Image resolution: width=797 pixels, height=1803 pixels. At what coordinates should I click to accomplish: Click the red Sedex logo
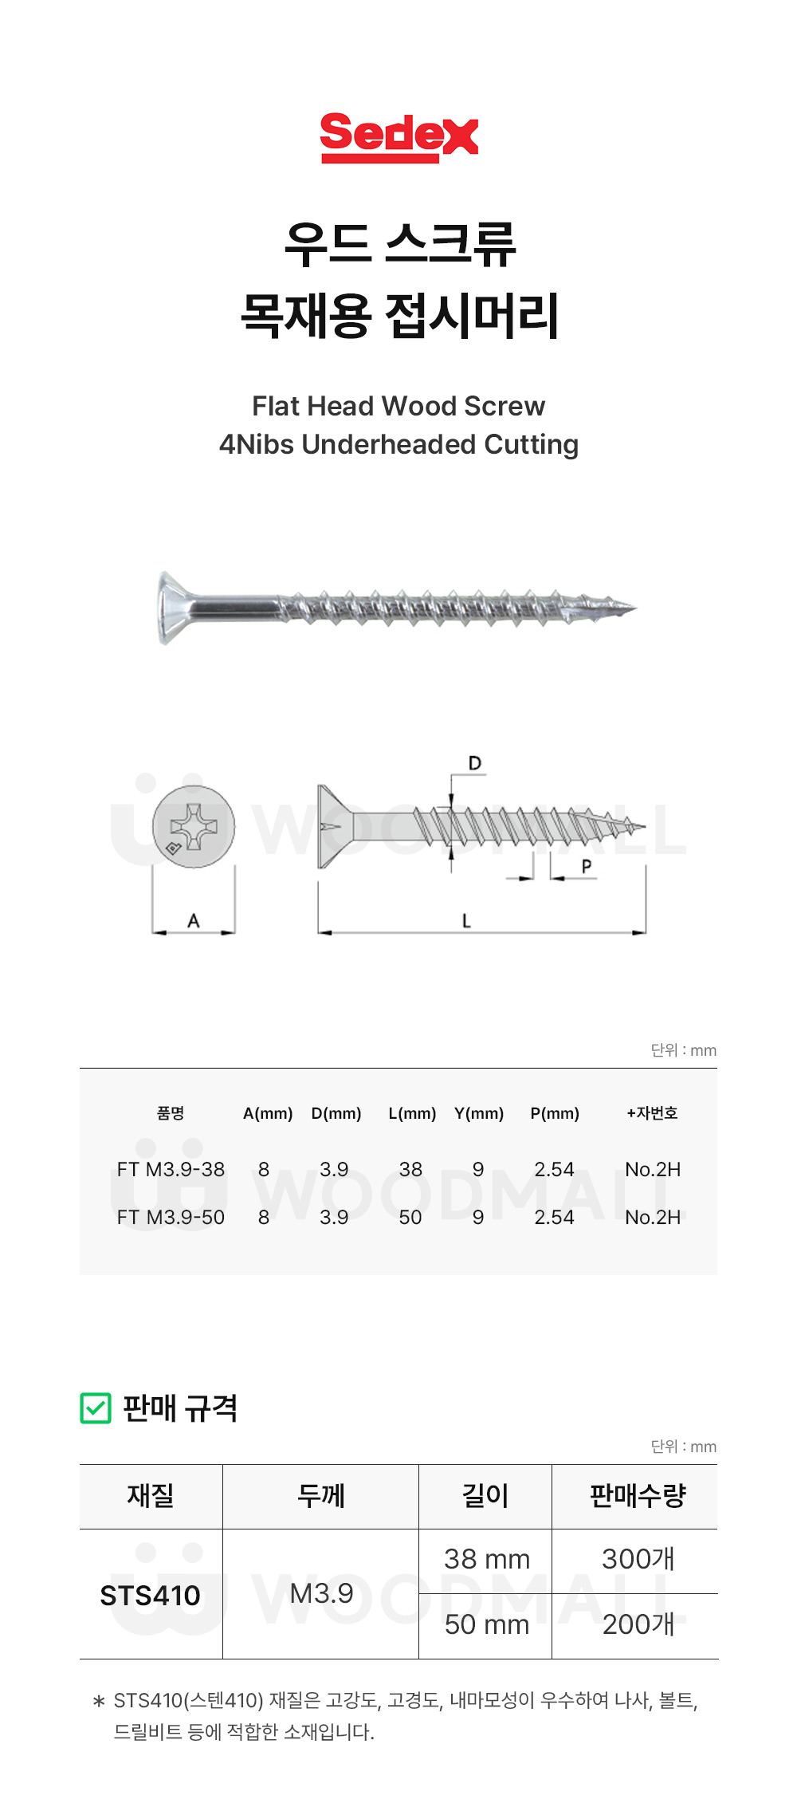tap(398, 137)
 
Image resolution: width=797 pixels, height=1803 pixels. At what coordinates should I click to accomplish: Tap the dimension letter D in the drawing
tap(475, 763)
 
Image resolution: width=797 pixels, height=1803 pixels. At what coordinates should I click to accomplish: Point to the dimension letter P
tap(587, 866)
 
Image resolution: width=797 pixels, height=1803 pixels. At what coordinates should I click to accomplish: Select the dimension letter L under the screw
tap(466, 920)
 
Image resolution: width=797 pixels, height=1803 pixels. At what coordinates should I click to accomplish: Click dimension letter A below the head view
tap(194, 920)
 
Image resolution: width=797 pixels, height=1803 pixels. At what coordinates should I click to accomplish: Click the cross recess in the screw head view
tap(194, 826)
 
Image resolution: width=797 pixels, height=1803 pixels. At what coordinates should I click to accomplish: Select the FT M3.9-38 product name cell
tap(171, 1169)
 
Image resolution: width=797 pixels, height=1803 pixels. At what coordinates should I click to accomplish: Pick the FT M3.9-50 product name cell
tap(171, 1217)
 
